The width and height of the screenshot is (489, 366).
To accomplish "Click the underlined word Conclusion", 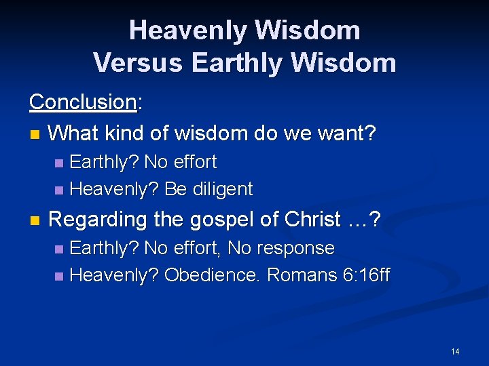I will (x=83, y=102).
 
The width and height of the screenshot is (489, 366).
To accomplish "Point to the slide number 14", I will (x=454, y=351).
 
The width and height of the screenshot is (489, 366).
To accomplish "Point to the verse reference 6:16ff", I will (x=362, y=275).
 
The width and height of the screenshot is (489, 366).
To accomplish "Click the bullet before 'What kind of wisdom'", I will (x=35, y=134).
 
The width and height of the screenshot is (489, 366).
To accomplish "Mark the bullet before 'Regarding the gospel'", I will (x=35, y=221).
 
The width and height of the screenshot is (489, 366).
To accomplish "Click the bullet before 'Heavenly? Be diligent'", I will (x=59, y=190).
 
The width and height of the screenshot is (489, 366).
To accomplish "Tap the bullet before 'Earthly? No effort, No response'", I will (x=59, y=249).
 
